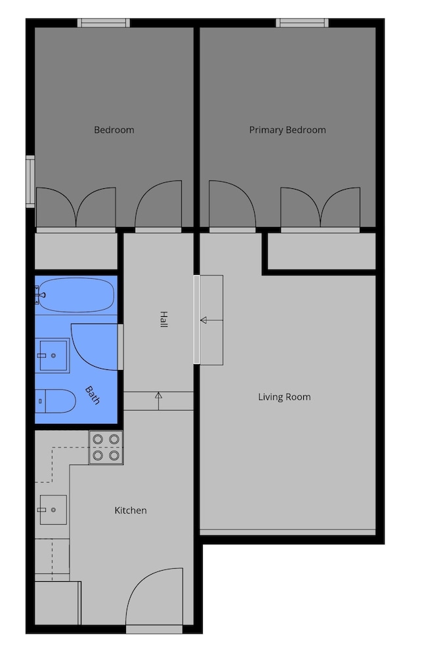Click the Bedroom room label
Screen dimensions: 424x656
(x=114, y=130)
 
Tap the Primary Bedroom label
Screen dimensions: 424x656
(x=287, y=130)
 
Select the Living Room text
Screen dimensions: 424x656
(x=284, y=397)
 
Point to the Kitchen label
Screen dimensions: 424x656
(x=131, y=510)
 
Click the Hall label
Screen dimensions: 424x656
(x=163, y=319)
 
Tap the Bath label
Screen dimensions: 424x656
(x=93, y=396)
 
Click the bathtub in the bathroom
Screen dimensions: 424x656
(x=75, y=295)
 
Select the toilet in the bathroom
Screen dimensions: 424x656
(x=55, y=401)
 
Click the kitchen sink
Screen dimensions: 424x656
(x=53, y=510)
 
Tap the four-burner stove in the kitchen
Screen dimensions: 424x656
(x=106, y=447)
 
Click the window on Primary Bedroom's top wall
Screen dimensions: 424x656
(x=302, y=23)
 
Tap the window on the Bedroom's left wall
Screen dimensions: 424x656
(x=30, y=182)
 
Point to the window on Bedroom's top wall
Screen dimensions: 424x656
(x=104, y=23)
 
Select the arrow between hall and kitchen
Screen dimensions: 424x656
(x=159, y=401)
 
